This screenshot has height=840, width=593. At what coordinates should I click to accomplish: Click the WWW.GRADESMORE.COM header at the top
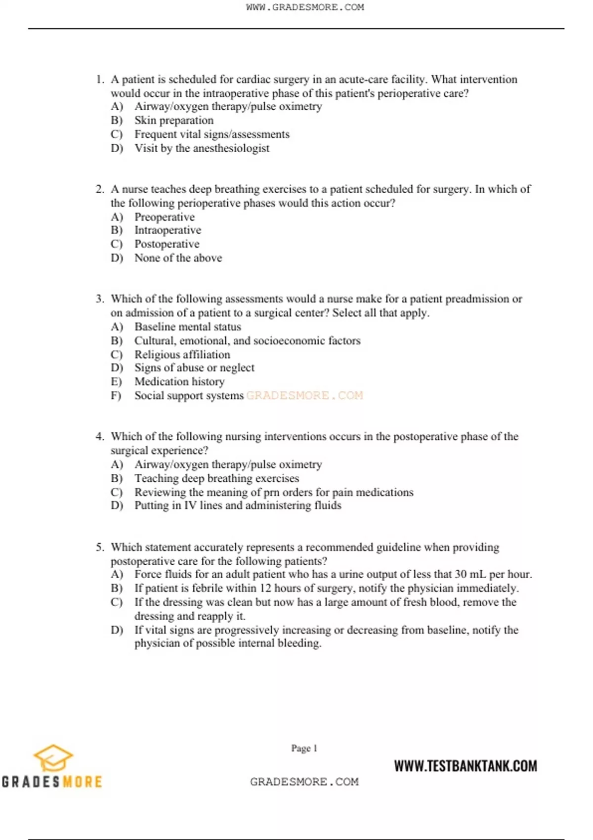pyautogui.click(x=304, y=7)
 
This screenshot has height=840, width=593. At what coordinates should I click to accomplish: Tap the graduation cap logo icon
pyautogui.click(x=53, y=758)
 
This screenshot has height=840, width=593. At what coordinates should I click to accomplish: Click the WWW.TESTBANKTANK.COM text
pyautogui.click(x=465, y=766)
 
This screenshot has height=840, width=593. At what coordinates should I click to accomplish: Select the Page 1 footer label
pyautogui.click(x=304, y=748)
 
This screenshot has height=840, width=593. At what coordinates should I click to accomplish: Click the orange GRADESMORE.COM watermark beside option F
pyautogui.click(x=304, y=395)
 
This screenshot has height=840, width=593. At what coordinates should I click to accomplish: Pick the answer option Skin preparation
pyautogui.click(x=174, y=121)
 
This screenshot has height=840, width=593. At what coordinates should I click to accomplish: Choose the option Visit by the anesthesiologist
pyautogui.click(x=202, y=148)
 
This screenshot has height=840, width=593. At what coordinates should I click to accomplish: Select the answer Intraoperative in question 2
pyautogui.click(x=168, y=230)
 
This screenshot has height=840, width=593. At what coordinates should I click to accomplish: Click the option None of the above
pyautogui.click(x=178, y=258)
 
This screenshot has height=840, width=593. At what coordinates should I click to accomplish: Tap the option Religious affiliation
pyautogui.click(x=182, y=355)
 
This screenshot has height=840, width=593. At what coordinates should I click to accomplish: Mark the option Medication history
pyautogui.click(x=179, y=381)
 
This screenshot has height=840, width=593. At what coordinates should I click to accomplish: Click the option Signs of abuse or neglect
pyautogui.click(x=194, y=368)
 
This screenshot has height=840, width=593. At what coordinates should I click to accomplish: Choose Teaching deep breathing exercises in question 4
pyautogui.click(x=216, y=478)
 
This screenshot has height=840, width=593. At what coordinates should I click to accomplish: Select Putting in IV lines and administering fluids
pyautogui.click(x=238, y=505)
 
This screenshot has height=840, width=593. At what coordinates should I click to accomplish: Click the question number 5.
pyautogui.click(x=100, y=547)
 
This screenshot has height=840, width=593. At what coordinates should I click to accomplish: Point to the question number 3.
pyautogui.click(x=100, y=299)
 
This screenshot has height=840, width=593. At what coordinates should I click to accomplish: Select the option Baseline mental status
pyautogui.click(x=188, y=327)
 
